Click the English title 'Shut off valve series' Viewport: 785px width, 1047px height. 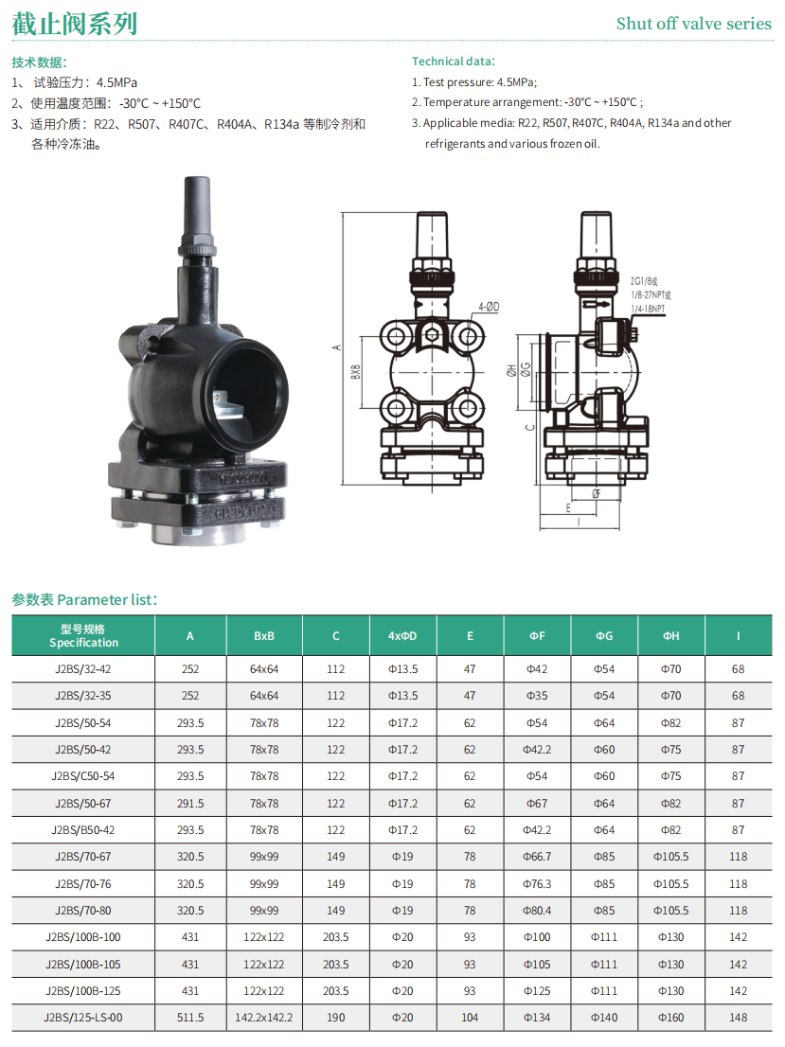point(693,24)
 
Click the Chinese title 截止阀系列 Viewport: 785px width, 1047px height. point(75,24)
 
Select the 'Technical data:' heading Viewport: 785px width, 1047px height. point(454,62)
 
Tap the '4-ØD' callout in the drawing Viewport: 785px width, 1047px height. point(489,307)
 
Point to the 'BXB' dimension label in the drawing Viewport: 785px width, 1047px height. point(356,372)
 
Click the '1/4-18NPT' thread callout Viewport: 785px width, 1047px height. point(648,309)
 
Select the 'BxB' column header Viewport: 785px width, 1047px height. point(264,636)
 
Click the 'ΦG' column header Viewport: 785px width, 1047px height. point(604,636)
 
